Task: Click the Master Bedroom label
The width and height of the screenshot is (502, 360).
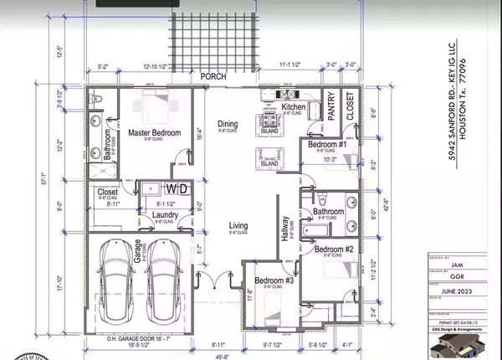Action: coord(155,131)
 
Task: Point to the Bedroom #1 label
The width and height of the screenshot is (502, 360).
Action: coord(328,144)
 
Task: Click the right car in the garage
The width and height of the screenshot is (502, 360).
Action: coord(163,276)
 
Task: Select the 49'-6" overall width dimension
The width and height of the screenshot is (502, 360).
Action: coord(223,354)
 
